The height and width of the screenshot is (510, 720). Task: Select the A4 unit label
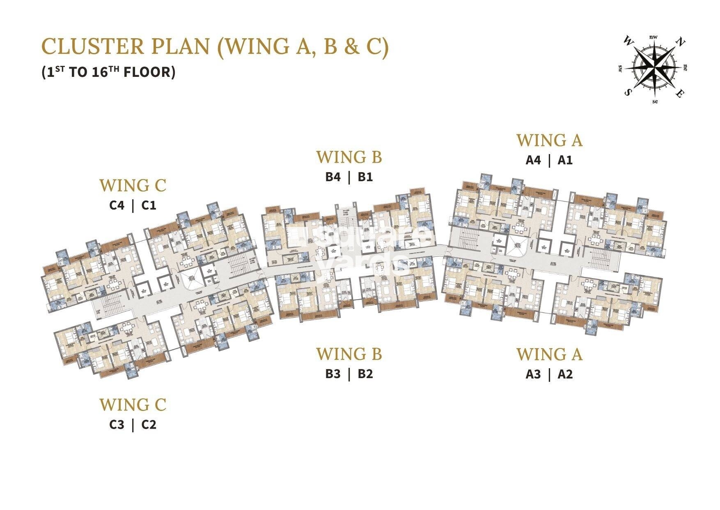pyautogui.click(x=533, y=160)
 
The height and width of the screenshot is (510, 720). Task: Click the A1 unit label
pyautogui.click(x=565, y=160)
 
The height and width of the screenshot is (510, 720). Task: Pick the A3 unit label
pyautogui.click(x=533, y=374)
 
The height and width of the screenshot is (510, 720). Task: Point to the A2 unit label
pyautogui.click(x=565, y=374)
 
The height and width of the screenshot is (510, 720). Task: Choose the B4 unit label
pyautogui.click(x=333, y=177)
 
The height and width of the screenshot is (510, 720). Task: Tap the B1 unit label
pyautogui.click(x=365, y=177)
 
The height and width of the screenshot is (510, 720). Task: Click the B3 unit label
pyautogui.click(x=333, y=374)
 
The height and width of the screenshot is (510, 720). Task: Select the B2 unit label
pyautogui.click(x=365, y=374)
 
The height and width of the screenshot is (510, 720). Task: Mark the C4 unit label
pyautogui.click(x=117, y=205)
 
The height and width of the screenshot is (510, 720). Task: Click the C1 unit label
pyautogui.click(x=149, y=205)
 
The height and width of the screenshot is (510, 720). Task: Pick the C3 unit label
pyautogui.click(x=117, y=425)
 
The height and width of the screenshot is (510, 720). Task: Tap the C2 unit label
pyautogui.click(x=149, y=425)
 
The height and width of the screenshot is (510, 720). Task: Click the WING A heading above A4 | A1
pyautogui.click(x=549, y=141)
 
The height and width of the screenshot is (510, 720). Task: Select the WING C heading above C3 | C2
pyautogui.click(x=133, y=405)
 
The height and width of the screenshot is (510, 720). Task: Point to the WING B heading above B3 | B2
pyautogui.click(x=349, y=354)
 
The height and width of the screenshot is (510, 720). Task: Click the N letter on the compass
pyautogui.click(x=680, y=42)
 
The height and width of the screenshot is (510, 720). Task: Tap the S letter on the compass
pyautogui.click(x=627, y=92)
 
